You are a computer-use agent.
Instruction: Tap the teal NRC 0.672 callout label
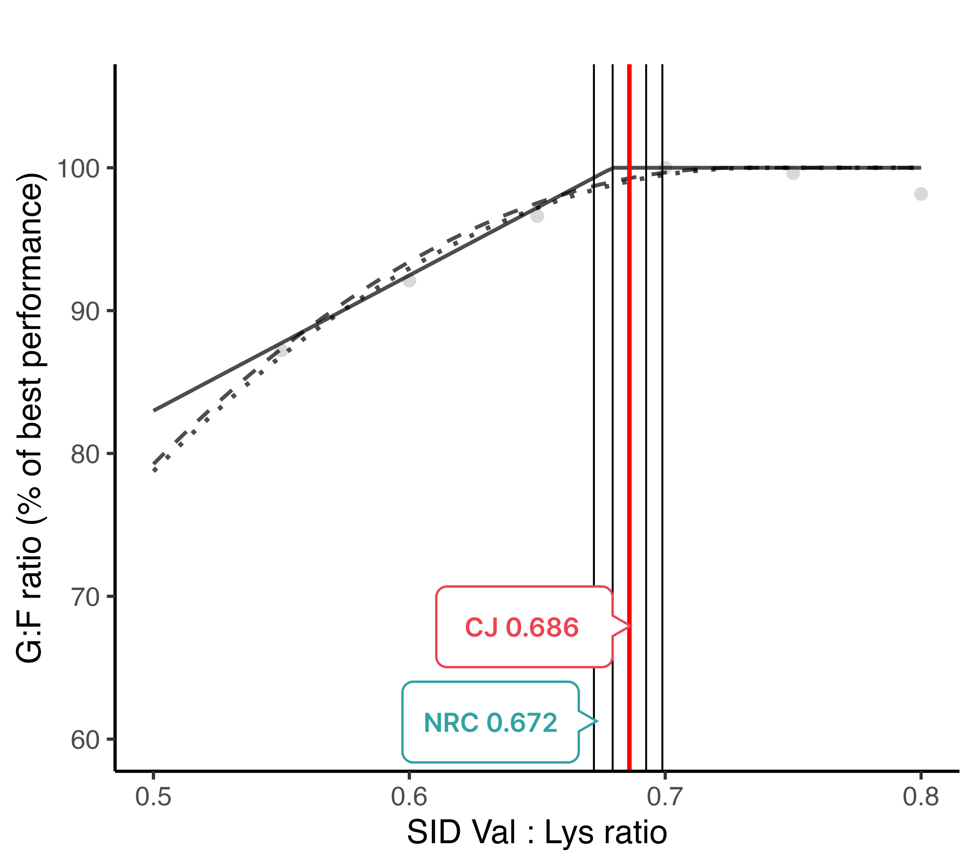click(x=490, y=722)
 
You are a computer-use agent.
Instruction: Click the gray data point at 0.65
click(x=537, y=216)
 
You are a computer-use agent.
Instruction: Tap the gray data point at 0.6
click(x=409, y=281)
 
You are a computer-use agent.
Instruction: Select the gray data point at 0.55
click(x=282, y=351)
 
